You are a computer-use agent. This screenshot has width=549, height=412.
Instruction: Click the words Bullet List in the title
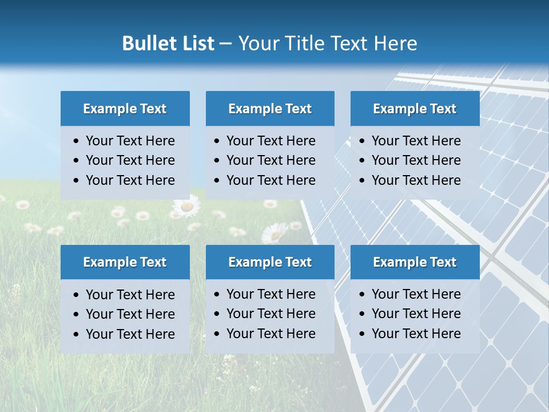pos(168,43)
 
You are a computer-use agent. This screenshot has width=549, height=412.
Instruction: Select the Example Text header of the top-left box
pos(125,109)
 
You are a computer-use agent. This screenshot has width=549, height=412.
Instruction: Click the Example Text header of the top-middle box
pos(270,109)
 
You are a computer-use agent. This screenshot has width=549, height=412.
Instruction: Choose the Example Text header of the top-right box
pos(415,109)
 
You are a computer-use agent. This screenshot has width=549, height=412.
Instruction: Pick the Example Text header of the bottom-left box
pos(125,262)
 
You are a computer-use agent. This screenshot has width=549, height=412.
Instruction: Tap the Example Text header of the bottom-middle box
pos(270,262)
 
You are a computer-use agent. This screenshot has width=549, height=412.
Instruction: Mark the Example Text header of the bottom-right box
pos(415,262)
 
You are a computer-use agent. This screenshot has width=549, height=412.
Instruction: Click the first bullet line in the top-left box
pos(130,141)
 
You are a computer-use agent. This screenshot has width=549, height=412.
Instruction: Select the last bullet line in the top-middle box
pos(270,180)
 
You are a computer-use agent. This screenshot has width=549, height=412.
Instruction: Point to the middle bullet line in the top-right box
pos(416,160)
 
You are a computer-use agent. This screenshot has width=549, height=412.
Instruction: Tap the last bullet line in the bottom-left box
pos(130,334)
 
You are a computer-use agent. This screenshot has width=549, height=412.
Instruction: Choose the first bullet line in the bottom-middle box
pos(270,294)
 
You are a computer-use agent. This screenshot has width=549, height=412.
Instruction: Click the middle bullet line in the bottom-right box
pos(416,314)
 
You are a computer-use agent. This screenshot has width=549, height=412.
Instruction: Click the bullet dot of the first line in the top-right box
pos(362,141)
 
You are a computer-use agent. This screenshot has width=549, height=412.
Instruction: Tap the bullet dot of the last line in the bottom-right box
pos(362,334)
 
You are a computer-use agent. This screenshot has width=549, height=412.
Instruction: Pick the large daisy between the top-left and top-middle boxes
pos(186,206)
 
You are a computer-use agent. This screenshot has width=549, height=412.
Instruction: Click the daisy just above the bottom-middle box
pos(275,233)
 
